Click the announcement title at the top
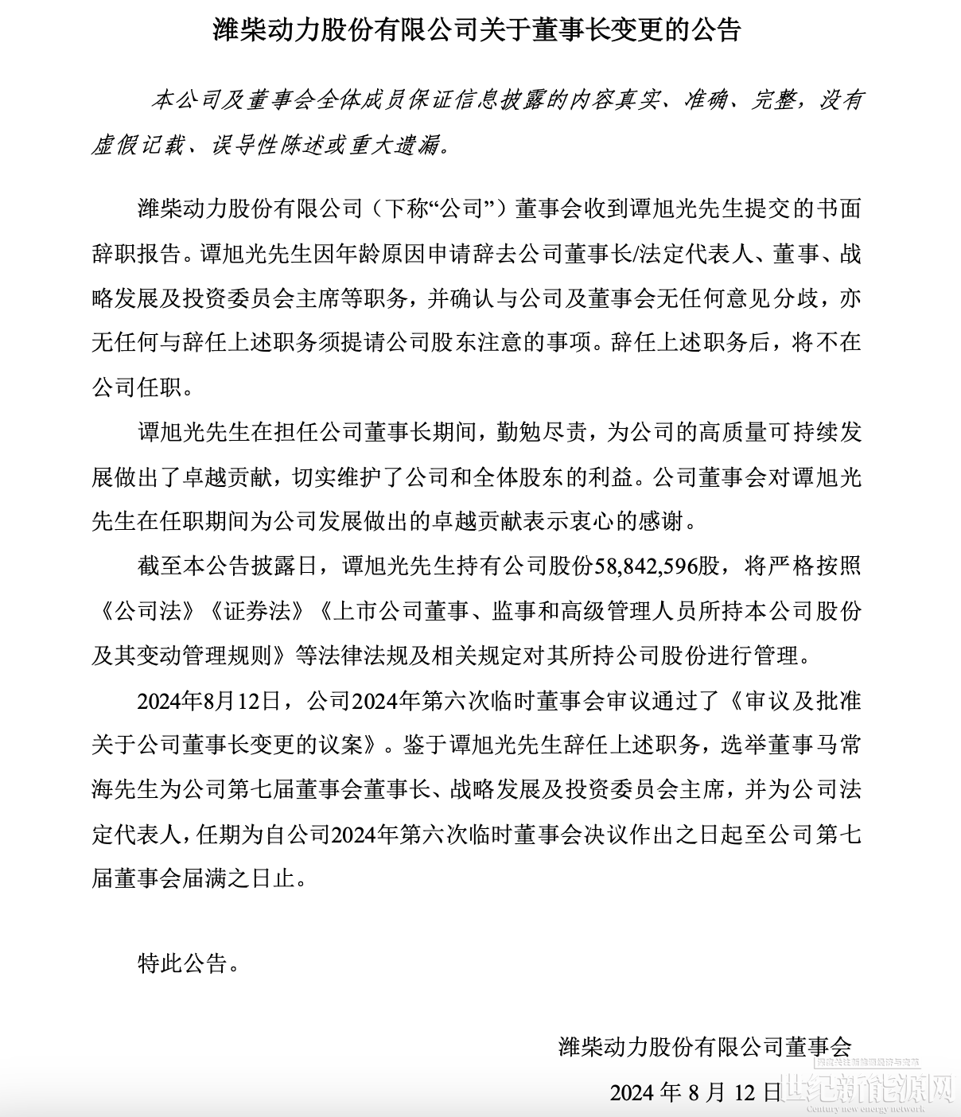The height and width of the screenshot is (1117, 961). coord(477,30)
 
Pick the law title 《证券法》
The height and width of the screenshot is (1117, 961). coord(259,611)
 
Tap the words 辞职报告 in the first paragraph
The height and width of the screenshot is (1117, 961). coord(136,254)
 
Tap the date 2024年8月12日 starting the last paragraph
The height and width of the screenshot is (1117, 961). coord(209,701)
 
